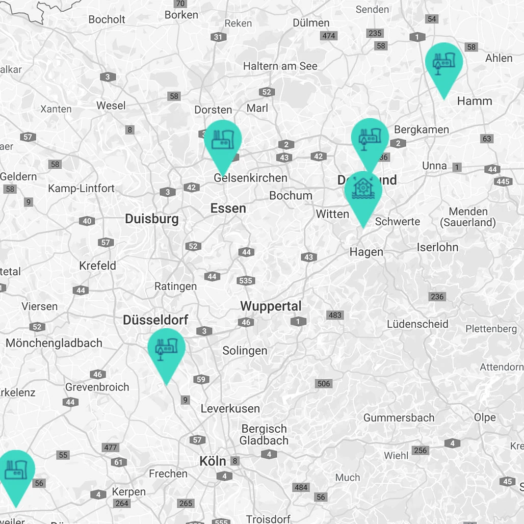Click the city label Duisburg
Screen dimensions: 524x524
152,219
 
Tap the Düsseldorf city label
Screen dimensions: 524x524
155,320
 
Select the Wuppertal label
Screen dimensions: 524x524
271,306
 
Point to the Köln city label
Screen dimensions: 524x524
213,461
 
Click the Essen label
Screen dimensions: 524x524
228,208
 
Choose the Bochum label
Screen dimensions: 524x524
291,195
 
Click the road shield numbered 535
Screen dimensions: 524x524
245,281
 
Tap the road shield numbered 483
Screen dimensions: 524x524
335,315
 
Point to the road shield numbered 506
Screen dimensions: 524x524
324,383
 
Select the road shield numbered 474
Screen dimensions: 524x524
329,36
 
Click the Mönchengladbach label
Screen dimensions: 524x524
54,343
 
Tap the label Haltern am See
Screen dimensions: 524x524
280,66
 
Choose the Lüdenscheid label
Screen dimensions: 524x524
417,324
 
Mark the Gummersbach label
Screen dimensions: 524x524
399,418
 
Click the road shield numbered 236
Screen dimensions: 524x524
437,297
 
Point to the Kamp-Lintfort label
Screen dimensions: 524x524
82,189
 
